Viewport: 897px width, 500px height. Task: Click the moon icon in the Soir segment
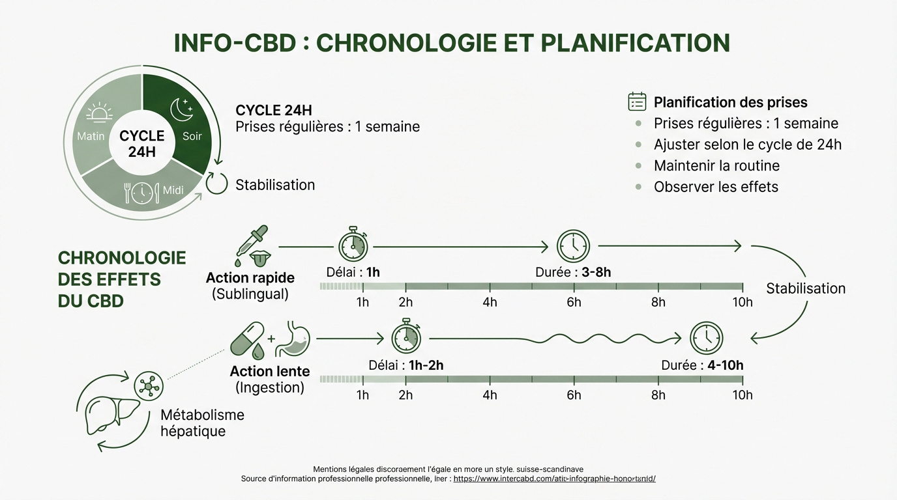[181, 109]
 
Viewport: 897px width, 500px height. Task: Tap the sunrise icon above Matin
[99, 113]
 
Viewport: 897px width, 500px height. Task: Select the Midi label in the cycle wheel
[173, 190]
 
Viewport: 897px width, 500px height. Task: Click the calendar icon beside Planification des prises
[637, 102]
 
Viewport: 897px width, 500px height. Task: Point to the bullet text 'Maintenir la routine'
[716, 165]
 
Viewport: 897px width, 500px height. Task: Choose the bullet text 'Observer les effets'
[716, 187]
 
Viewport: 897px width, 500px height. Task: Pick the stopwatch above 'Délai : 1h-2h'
[406, 337]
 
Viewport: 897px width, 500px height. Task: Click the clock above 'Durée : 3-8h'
[573, 246]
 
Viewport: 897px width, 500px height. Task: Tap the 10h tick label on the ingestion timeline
[742, 395]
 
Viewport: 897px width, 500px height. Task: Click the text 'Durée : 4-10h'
[702, 365]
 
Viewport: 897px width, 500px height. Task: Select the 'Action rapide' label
[250, 277]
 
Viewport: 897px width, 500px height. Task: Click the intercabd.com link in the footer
[554, 479]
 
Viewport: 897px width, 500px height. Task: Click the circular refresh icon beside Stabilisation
[216, 184]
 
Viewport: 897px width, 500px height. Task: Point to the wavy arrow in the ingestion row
[554, 338]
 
